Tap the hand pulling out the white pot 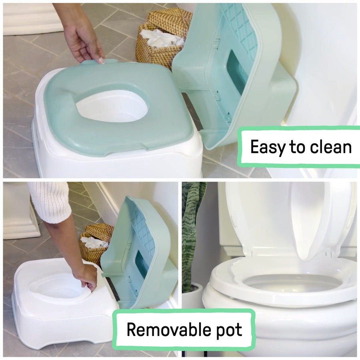(x=86, y=276)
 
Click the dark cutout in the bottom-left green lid (x=142, y=264)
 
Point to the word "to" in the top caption (x=297, y=148)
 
